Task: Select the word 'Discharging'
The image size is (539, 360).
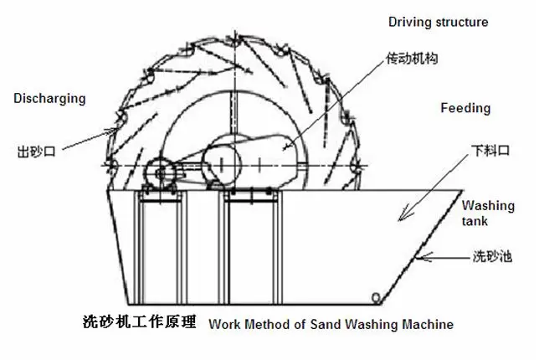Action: (49, 99)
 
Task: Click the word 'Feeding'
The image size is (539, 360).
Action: (465, 109)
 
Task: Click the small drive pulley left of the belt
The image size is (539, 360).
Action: (158, 172)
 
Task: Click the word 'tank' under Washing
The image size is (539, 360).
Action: (475, 222)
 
